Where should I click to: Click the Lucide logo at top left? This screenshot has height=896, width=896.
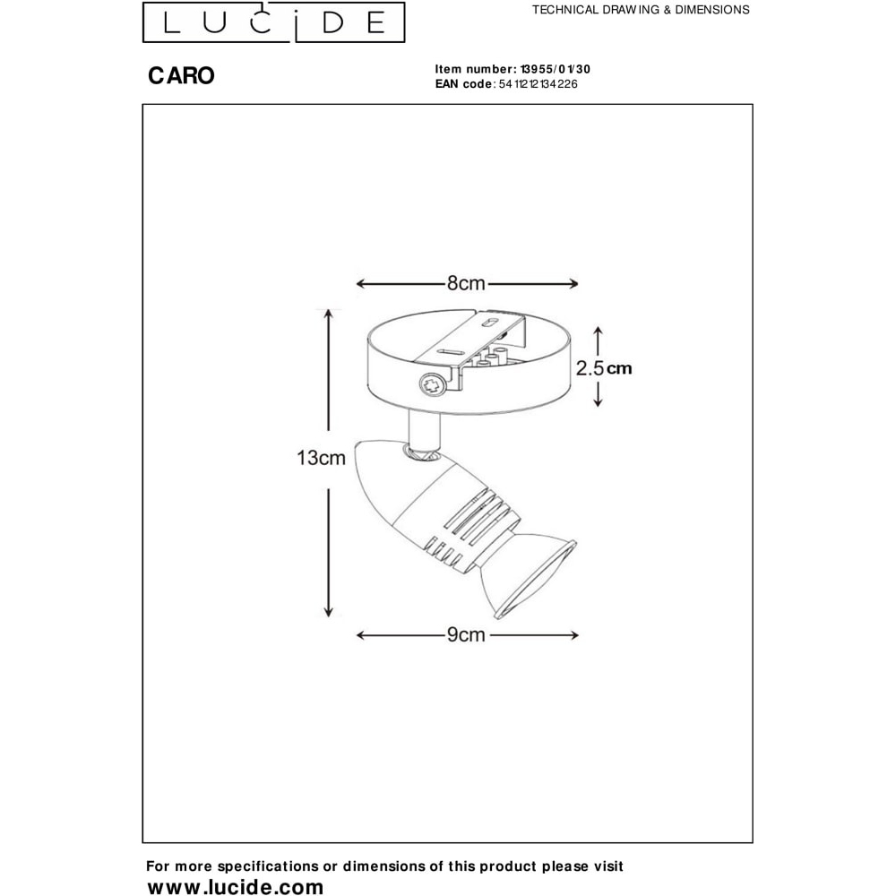pyautogui.click(x=273, y=22)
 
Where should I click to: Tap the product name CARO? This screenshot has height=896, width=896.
pyautogui.click(x=181, y=75)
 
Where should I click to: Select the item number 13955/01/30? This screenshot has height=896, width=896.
pyautogui.click(x=555, y=69)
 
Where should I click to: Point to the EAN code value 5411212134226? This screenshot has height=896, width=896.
pyautogui.click(x=538, y=84)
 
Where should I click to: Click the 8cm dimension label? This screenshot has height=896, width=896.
pyautogui.click(x=466, y=283)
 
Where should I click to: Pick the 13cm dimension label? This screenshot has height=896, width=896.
pyautogui.click(x=321, y=458)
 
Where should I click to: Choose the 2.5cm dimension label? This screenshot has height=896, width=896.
pyautogui.click(x=603, y=368)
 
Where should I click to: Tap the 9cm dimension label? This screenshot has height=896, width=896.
pyautogui.click(x=466, y=635)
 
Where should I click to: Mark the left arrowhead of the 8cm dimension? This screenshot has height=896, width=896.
pyautogui.click(x=360, y=283)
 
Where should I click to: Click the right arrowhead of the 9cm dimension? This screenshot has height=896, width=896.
pyautogui.click(x=573, y=635)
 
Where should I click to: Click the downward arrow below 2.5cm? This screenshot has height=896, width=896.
pyautogui.click(x=598, y=394)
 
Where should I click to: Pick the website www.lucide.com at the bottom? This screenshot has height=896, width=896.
pyautogui.click(x=236, y=886)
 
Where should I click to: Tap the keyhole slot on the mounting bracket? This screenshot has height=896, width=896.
pyautogui.click(x=491, y=323)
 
